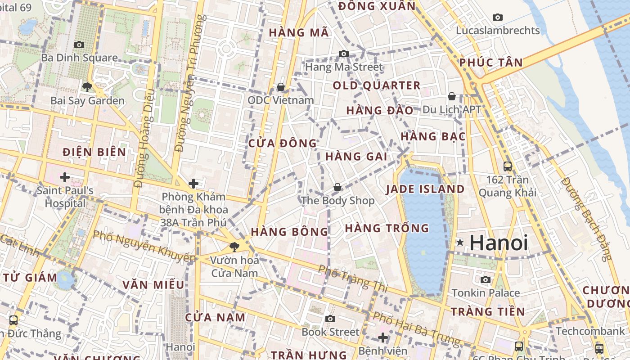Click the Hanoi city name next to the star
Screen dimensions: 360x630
pos(499,243)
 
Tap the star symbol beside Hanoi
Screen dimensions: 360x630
pos(460,243)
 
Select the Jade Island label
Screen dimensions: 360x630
pos(425,189)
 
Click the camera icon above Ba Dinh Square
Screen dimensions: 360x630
pos(79,45)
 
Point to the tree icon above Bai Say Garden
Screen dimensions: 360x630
pos(87,87)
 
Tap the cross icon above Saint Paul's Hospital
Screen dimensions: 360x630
pos(65,177)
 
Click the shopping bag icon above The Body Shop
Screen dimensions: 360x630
pos(337,187)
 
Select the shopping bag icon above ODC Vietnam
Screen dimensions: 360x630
pos(281,87)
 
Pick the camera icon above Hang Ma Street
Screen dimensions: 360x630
pos(344,54)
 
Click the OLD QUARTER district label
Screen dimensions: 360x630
pos(377,85)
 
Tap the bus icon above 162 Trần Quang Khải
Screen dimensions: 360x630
pos(508,166)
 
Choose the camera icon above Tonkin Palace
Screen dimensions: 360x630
pos(486,279)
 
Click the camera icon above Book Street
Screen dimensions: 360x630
pos(330,319)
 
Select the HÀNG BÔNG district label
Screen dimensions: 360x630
pos(289,232)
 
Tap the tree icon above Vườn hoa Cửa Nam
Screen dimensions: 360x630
pos(234,247)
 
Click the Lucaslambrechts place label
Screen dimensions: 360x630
pos(498,31)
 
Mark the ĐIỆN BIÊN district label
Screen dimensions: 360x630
pos(94,152)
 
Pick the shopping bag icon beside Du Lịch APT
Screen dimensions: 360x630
pos(452,97)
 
